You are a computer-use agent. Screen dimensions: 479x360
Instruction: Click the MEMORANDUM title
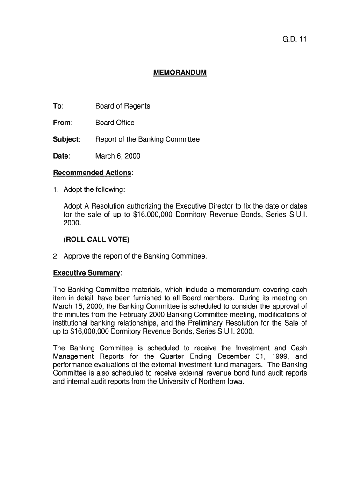point(180,73)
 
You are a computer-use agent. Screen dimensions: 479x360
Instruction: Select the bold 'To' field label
point(58,106)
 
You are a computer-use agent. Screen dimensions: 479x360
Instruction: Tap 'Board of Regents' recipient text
point(122,106)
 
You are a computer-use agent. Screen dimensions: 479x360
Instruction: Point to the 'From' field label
point(62,123)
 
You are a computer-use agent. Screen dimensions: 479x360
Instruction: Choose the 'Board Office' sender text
point(115,123)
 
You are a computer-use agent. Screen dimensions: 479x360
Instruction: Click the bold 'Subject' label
point(66,139)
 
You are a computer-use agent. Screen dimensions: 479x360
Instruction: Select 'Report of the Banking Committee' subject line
point(147,139)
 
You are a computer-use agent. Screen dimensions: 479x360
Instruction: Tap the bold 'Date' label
point(61,156)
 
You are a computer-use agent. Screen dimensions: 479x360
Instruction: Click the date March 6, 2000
point(118,156)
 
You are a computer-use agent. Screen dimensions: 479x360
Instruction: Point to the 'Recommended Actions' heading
point(93,173)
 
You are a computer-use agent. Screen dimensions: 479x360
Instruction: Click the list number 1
point(56,189)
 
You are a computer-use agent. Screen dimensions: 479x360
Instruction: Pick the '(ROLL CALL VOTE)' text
point(96,239)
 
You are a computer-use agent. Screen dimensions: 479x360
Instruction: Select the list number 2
point(56,256)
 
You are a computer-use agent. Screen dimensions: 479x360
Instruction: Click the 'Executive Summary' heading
point(87,273)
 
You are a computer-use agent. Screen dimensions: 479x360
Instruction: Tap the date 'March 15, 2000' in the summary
point(74,306)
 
